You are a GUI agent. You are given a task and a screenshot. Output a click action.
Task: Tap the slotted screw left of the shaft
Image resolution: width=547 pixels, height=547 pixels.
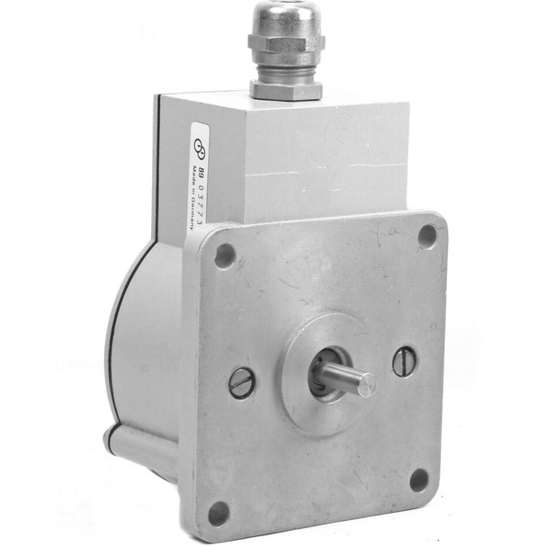click(242, 382)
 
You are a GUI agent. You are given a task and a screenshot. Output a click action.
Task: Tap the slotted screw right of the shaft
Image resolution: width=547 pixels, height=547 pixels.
click(404, 362)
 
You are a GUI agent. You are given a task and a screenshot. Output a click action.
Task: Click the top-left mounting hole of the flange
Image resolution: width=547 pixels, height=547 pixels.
click(225, 256)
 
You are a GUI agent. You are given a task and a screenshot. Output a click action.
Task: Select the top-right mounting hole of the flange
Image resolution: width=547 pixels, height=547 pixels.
click(427, 236)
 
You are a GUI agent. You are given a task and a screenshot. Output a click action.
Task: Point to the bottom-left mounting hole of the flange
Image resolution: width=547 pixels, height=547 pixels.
click(219, 513)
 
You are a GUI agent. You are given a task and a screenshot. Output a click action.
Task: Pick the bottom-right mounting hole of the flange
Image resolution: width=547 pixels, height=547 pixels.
click(419, 480)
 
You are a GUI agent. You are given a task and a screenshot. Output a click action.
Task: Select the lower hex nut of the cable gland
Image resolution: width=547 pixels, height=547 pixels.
click(286, 89)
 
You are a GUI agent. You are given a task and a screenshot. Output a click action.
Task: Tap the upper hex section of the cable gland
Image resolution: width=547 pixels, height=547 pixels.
click(286, 45)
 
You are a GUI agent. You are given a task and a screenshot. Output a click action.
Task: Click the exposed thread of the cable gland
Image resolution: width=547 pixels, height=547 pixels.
click(286, 70)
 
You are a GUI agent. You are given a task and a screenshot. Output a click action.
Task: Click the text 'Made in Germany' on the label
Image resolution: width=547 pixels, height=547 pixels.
click(194, 194)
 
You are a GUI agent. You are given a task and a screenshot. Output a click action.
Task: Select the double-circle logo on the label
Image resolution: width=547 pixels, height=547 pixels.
click(202, 148)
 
